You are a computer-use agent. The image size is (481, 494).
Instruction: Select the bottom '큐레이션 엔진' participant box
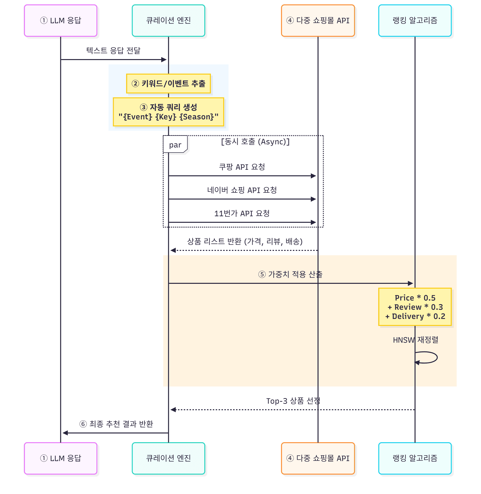(x=168, y=458)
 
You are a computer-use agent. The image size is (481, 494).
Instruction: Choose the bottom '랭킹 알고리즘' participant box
(x=415, y=458)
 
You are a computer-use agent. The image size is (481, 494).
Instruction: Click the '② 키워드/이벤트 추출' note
(x=168, y=84)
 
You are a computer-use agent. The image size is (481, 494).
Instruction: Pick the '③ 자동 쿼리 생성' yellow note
(x=168, y=112)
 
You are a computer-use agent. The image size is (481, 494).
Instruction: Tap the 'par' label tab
(x=175, y=145)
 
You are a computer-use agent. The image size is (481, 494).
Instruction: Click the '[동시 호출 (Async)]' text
(x=255, y=142)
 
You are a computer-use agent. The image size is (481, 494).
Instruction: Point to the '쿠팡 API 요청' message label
(x=242, y=167)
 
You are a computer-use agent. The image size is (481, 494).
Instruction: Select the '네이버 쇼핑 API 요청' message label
(x=242, y=190)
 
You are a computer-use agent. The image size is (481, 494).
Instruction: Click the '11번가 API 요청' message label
(x=242, y=214)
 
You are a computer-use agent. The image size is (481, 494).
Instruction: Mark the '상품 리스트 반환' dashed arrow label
(x=244, y=242)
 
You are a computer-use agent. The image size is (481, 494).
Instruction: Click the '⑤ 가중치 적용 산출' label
(x=290, y=274)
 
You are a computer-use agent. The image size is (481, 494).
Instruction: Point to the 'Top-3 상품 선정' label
(x=293, y=401)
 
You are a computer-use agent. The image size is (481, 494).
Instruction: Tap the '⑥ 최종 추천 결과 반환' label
(x=116, y=424)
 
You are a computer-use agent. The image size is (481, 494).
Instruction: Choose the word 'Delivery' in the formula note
(x=408, y=316)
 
